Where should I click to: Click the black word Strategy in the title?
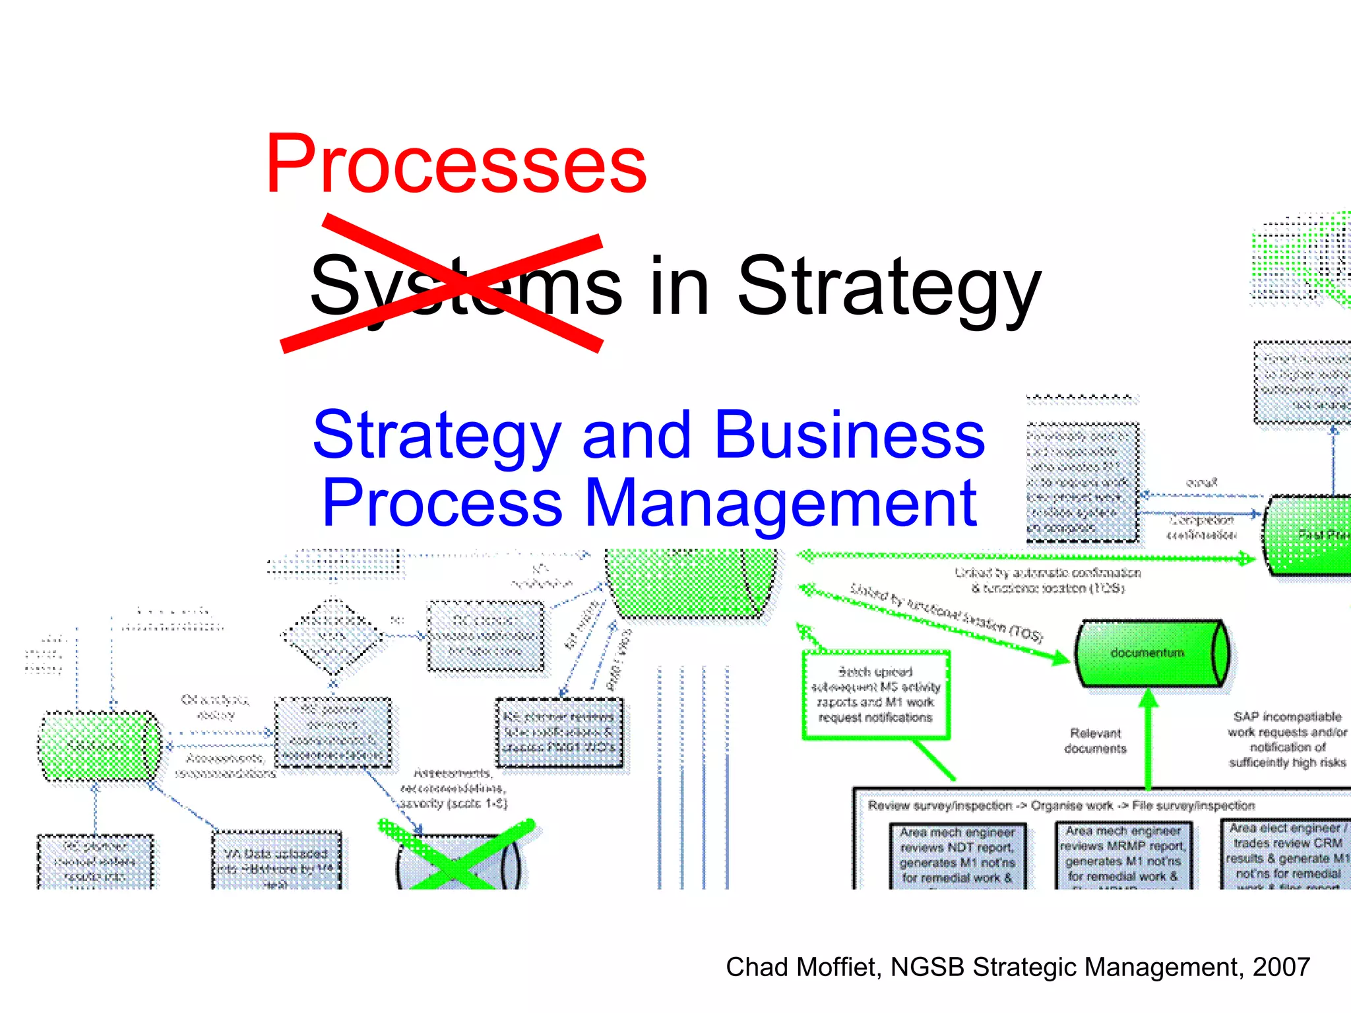889,287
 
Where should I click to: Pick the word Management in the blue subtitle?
780,503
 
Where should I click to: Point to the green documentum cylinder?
1151,653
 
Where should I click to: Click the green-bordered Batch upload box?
875,694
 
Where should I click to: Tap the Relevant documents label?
1095,741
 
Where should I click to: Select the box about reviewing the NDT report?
957,855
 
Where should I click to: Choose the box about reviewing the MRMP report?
1123,854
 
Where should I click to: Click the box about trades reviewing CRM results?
1286,854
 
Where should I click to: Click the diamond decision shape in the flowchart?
332,636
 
